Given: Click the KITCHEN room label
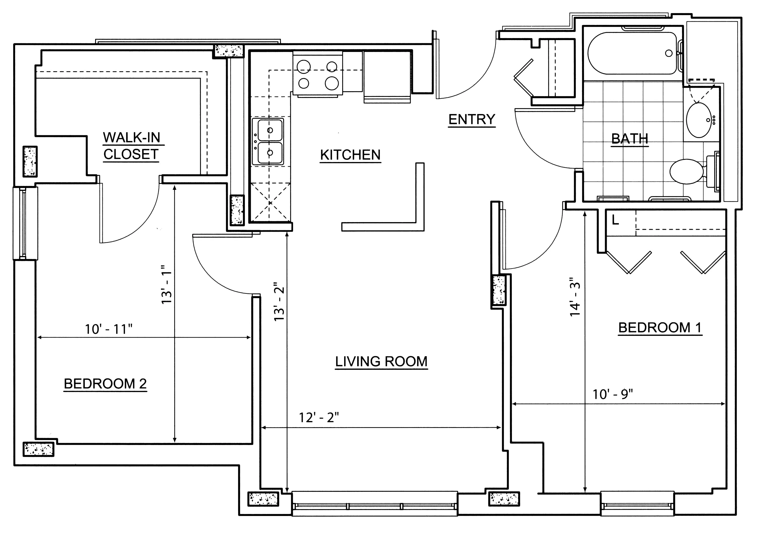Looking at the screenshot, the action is pos(351,155).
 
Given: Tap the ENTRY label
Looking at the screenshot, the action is pos(472,119).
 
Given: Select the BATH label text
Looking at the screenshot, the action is pos(630,139).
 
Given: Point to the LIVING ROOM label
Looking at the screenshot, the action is pos(381,361).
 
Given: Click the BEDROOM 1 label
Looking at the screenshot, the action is pos(660,328).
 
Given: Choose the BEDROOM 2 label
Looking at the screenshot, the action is pos(105,384).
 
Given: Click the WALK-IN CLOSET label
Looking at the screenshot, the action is pos(132,146).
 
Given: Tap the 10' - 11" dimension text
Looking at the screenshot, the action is pos(109,329).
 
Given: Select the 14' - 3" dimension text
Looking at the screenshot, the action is pos(575,299).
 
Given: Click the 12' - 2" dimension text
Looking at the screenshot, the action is pos(319,418).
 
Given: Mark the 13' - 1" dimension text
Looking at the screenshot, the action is pos(167,284).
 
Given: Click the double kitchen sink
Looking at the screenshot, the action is pos(268,141).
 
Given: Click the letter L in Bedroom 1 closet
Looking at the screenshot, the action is pos(615,220).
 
